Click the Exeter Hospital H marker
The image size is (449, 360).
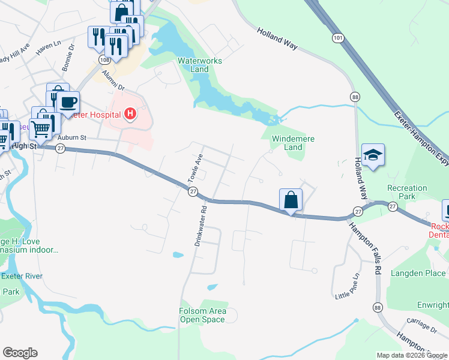130,113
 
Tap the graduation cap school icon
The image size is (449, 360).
373,155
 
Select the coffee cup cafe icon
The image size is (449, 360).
68,102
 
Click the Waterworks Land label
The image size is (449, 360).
200,65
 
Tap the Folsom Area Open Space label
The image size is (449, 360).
203,315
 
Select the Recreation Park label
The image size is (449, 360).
407,192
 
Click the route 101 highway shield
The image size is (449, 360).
339,38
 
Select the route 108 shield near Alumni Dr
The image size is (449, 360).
105,60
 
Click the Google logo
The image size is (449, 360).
20,353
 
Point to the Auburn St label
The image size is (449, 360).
72,137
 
